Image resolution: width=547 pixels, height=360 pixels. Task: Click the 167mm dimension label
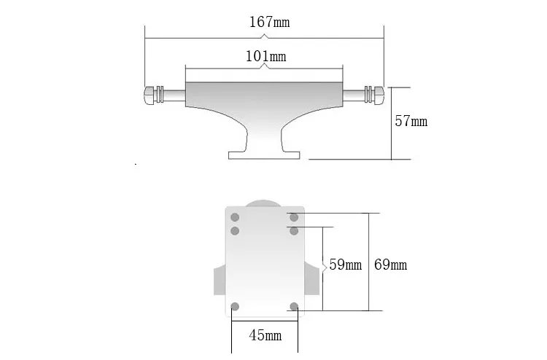click(269, 22)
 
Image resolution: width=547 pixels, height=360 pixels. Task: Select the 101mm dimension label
click(265, 56)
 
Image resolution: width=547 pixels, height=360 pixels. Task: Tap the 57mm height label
click(411, 121)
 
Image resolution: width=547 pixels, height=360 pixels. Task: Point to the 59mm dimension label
click(346, 265)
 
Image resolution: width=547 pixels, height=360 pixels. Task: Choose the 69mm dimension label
click(390, 265)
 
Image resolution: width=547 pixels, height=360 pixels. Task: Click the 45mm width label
click(265, 335)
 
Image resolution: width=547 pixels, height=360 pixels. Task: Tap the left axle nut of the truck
click(149, 95)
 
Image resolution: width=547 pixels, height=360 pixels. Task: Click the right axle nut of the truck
click(379, 95)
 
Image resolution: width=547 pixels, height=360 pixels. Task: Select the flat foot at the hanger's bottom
click(264, 155)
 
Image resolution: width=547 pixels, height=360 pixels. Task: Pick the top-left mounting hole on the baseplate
click(235, 217)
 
